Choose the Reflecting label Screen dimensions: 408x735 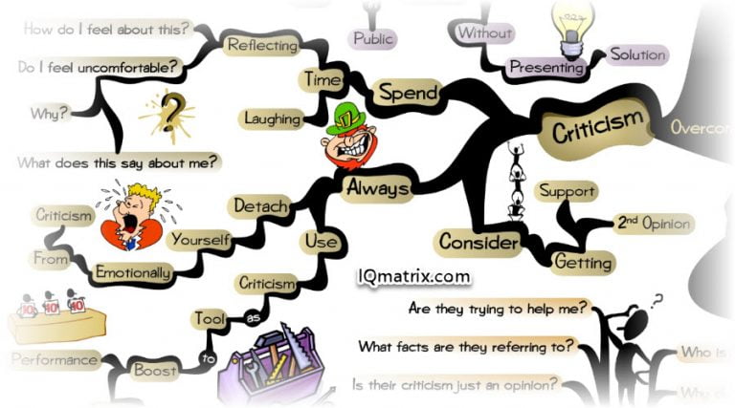point(258,44)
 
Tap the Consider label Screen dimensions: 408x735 point(478,243)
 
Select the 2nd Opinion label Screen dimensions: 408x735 point(654,225)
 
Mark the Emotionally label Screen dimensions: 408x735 point(133,272)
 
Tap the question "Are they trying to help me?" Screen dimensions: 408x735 point(499,309)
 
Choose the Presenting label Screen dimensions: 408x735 point(546,68)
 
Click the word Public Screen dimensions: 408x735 point(373,39)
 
